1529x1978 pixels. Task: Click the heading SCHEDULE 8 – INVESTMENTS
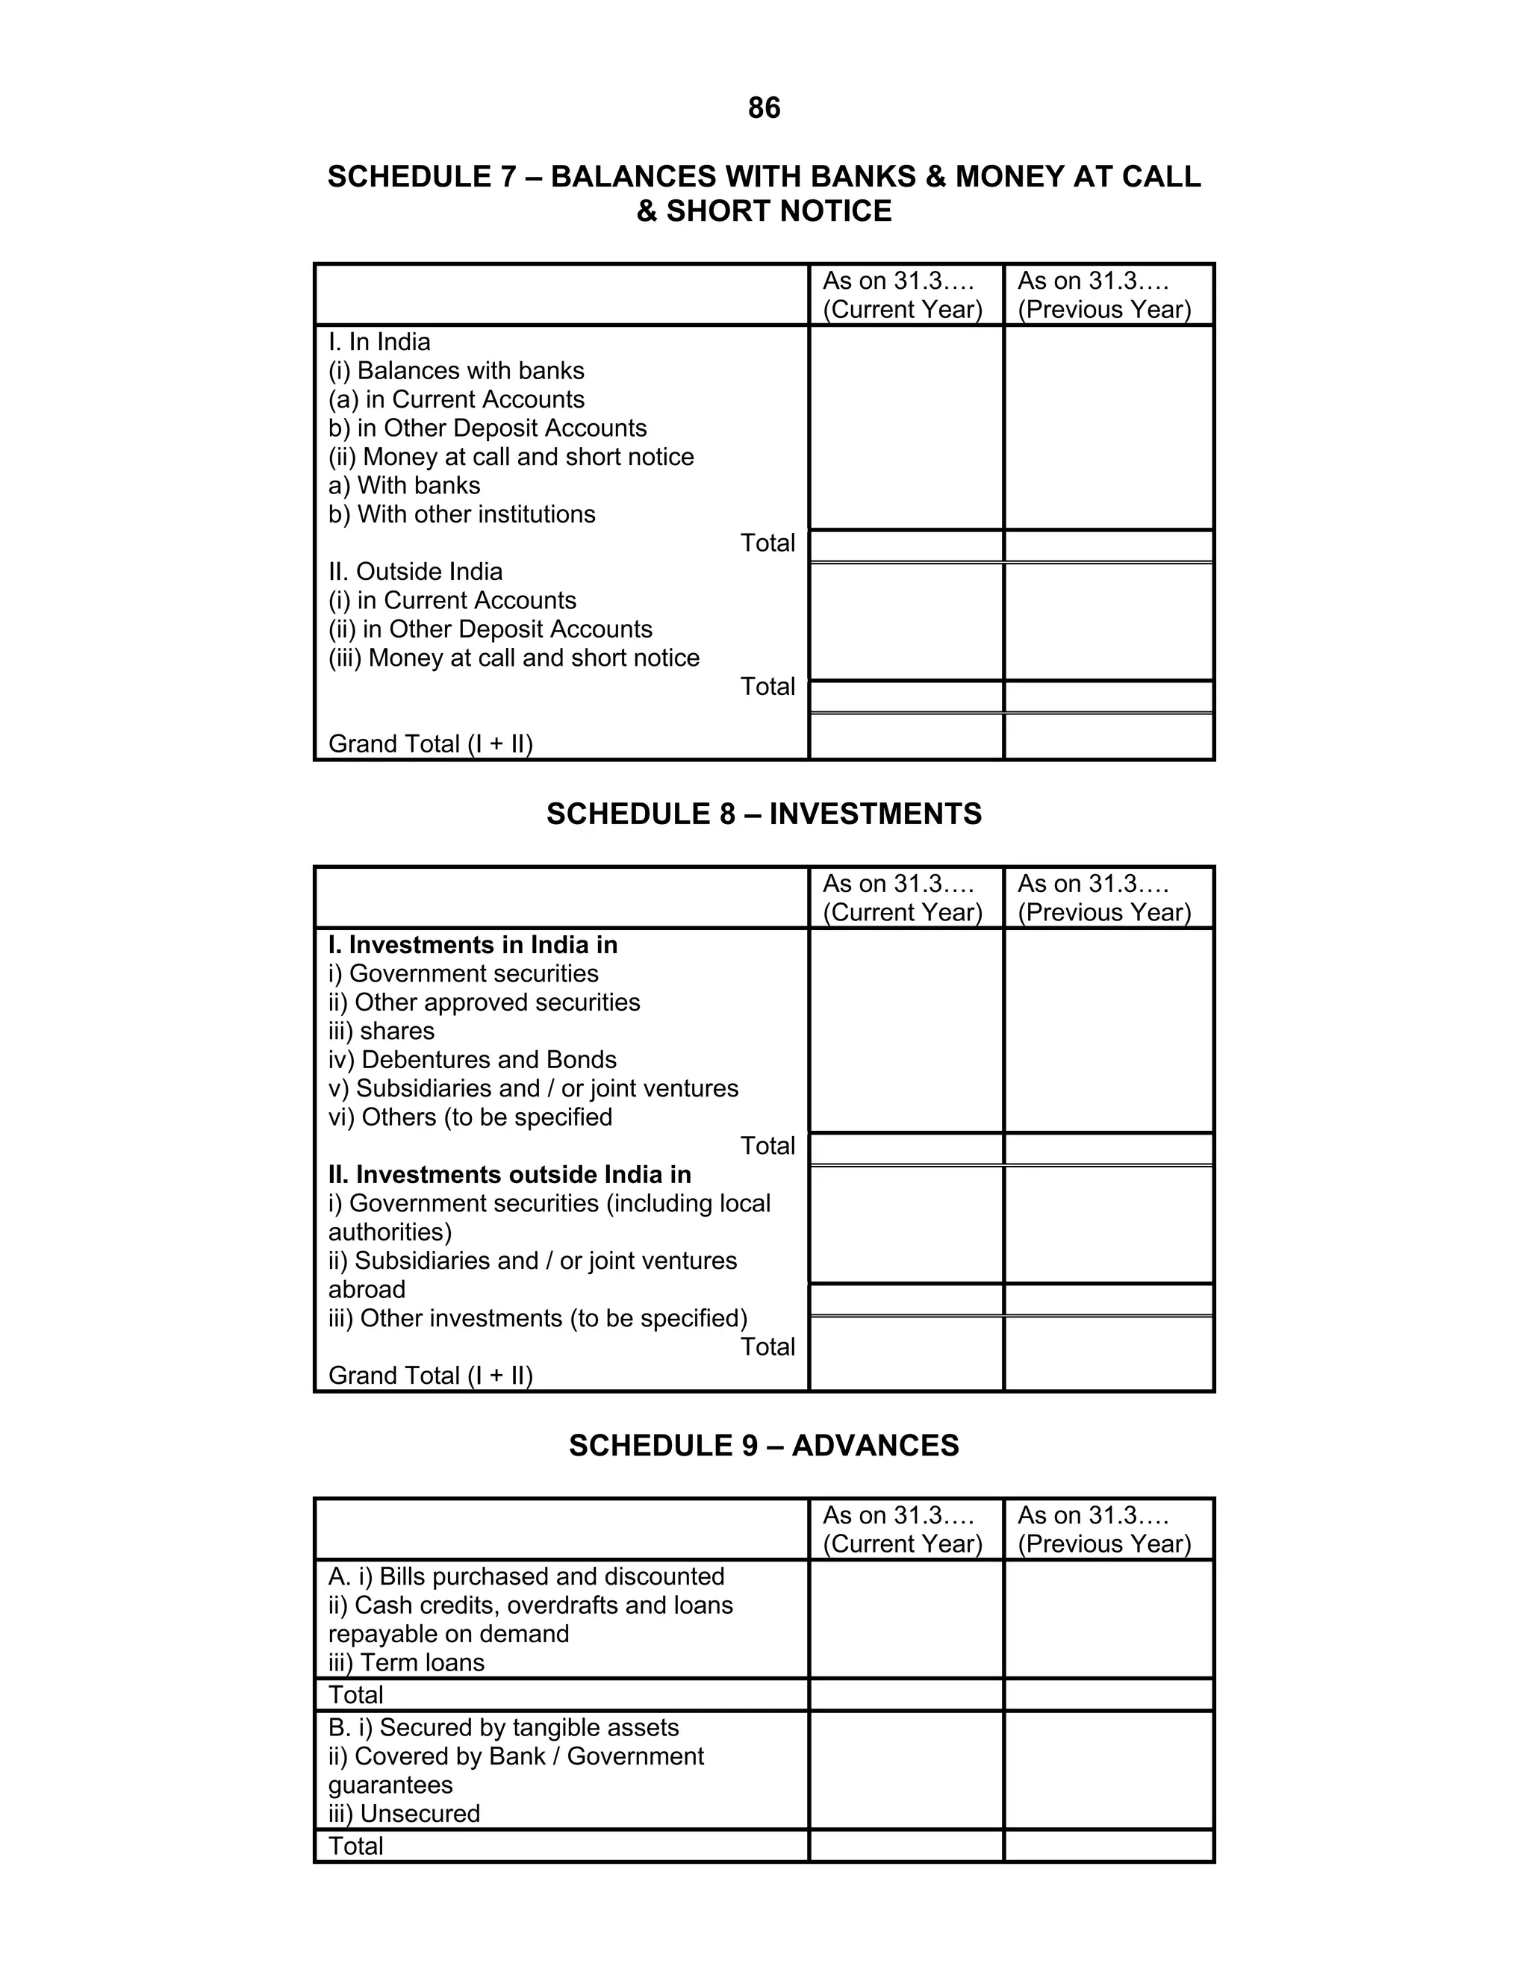tap(764, 814)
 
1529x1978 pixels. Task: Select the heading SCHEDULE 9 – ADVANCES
tap(764, 1444)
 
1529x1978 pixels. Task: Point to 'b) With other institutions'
tap(462, 514)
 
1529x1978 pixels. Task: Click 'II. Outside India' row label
tap(415, 572)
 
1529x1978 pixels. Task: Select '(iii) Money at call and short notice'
tap(514, 658)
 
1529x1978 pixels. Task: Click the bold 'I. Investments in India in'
tap(473, 945)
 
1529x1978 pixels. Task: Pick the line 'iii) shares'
tap(382, 1031)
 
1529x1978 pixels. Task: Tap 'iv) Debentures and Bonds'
tap(472, 1060)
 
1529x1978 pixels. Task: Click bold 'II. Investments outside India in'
tap(509, 1175)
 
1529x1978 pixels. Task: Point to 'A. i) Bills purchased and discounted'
tap(526, 1576)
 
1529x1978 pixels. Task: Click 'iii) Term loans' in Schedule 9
tap(406, 1662)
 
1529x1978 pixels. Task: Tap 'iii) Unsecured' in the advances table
tap(404, 1813)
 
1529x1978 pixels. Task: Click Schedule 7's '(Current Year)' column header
tap(902, 309)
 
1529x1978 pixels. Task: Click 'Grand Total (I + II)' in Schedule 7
tap(430, 743)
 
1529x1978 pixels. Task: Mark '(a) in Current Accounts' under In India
tap(456, 399)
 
